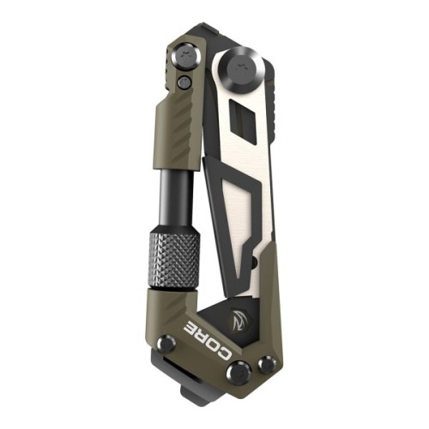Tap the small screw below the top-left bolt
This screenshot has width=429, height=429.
tap(184, 82)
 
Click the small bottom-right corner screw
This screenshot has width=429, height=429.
tap(267, 366)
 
